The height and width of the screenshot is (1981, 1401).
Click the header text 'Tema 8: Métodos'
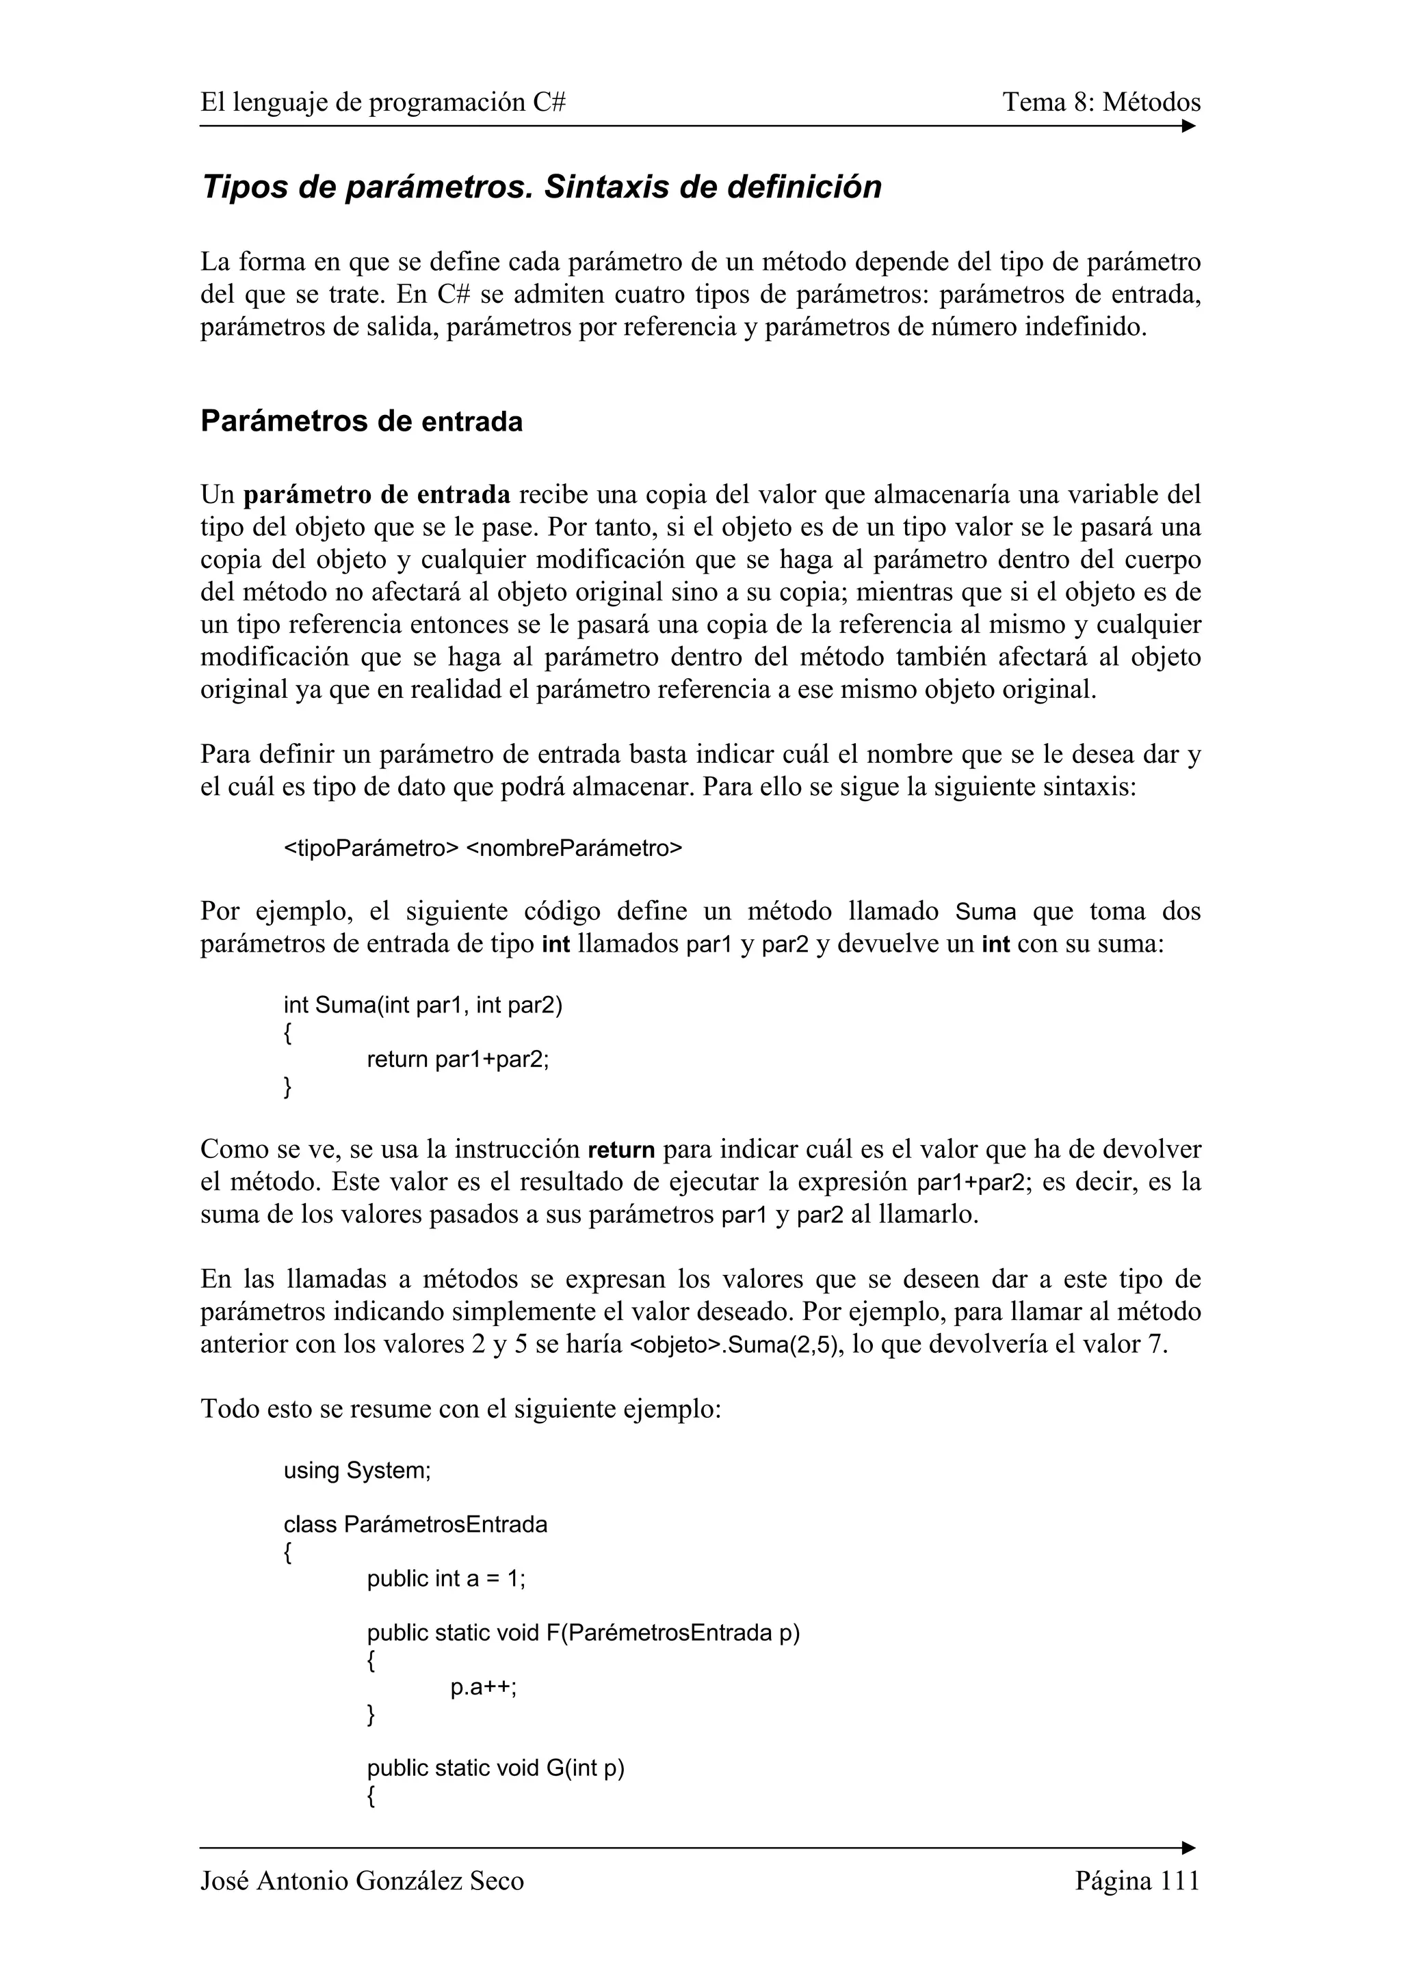(1101, 103)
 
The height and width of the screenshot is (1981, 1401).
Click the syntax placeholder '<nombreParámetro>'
(574, 849)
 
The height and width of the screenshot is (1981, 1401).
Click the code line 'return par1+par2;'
(458, 1060)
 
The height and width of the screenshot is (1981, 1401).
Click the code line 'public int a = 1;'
(445, 1579)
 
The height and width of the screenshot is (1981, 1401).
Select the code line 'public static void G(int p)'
(495, 1769)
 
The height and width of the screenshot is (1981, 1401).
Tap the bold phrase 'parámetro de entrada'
(377, 495)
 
